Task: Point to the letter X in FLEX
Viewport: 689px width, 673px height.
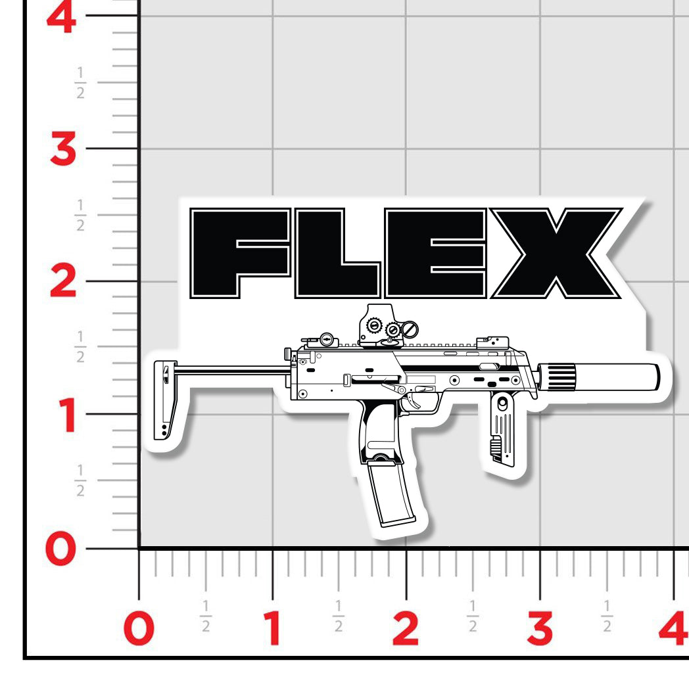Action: [556, 253]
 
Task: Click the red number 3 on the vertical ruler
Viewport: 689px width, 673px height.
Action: [64, 151]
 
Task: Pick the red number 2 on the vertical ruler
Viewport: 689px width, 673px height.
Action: [64, 283]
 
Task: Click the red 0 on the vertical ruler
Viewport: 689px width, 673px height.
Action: [63, 549]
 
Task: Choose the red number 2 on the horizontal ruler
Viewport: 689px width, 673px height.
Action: [406, 628]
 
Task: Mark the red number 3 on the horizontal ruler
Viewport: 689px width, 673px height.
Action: [540, 628]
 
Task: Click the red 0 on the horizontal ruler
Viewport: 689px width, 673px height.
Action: [139, 628]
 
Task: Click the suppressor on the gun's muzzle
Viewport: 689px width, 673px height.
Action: [598, 377]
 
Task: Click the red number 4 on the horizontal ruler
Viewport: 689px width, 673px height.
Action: [673, 628]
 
